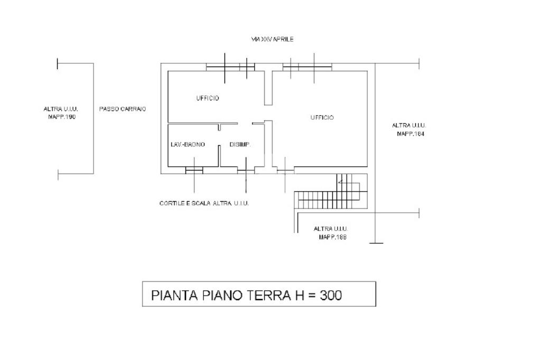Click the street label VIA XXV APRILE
[272, 40]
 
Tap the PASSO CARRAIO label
[122, 109]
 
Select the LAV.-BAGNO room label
[188, 145]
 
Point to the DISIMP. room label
[239, 145]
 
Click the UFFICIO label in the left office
[208, 98]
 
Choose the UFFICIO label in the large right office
[322, 118]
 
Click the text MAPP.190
[62, 117]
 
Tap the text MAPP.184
[411, 134]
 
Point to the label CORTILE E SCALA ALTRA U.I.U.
[204, 203]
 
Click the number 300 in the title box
[330, 295]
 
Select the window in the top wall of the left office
[230, 67]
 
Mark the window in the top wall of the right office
[307, 67]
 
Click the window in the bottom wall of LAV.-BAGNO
[194, 170]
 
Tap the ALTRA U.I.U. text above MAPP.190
[61, 109]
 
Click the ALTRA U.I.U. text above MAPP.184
[409, 126]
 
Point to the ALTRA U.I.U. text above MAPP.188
[331, 229]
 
